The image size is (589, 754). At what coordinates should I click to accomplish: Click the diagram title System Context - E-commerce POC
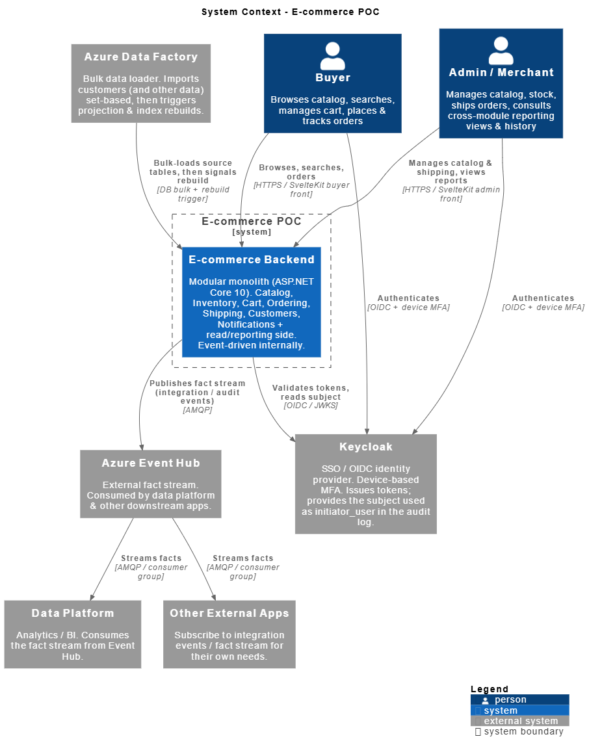point(291,12)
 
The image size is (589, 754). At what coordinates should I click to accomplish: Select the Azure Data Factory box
point(141,83)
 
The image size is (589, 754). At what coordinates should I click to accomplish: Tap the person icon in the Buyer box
point(333,57)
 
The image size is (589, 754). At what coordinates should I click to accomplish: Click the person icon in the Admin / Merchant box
point(501,51)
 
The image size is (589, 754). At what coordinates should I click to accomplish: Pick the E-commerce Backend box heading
point(252,259)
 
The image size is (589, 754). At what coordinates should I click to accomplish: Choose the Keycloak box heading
point(366,447)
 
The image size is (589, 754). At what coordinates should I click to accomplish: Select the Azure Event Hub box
point(150,484)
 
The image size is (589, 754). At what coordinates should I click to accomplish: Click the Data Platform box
point(73,634)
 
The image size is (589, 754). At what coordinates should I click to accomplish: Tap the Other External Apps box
point(229,634)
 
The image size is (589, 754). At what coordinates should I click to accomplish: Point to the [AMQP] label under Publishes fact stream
point(198,410)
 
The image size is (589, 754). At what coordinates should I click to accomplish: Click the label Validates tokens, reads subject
point(311,393)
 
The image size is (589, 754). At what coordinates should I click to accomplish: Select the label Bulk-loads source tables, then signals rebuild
point(193,172)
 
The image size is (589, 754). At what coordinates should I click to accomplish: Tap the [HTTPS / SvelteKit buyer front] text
point(302,189)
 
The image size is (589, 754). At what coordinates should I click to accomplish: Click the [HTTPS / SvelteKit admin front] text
point(451,194)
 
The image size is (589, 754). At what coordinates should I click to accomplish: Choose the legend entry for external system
point(519,721)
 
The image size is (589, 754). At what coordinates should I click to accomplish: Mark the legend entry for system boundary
point(519,731)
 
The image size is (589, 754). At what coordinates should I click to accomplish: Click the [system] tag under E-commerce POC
point(252,232)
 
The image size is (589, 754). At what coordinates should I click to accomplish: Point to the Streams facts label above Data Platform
point(151,558)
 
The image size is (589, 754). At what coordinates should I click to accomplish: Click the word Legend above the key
point(490,689)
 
